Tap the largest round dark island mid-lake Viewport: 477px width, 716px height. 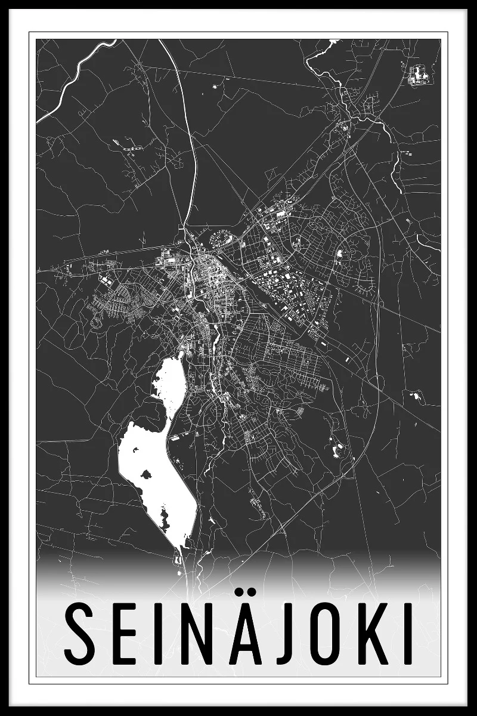click(x=145, y=475)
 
